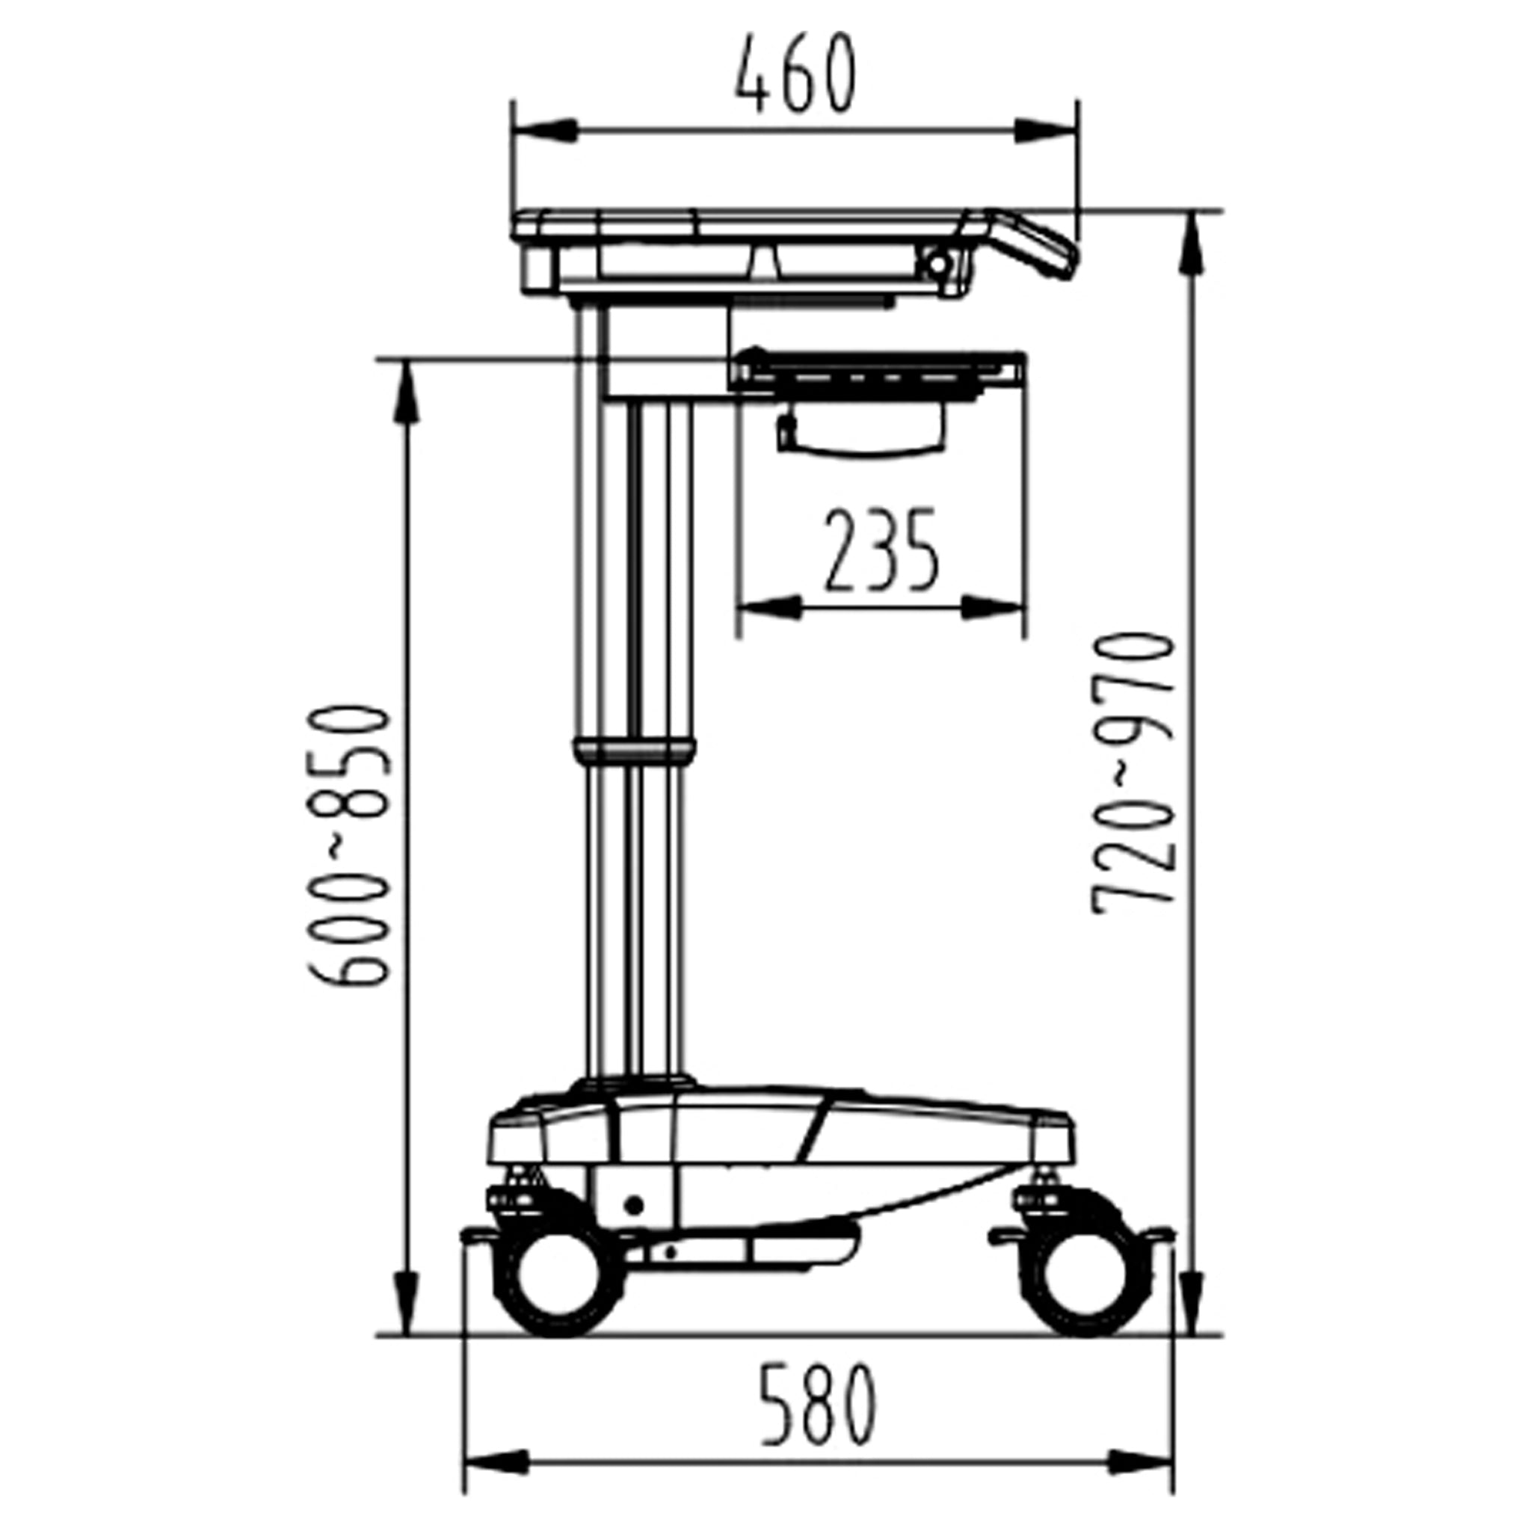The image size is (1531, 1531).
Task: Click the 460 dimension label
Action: point(795,74)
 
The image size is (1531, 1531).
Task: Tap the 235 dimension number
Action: point(881,552)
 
